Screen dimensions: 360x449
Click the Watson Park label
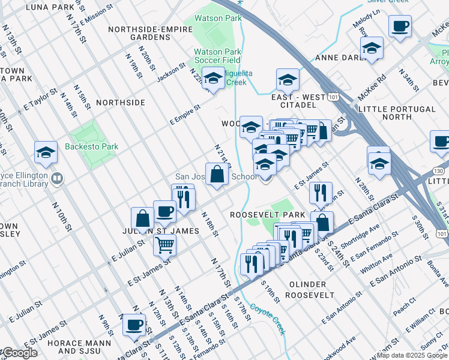tap(217, 18)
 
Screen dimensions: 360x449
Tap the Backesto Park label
tap(92, 146)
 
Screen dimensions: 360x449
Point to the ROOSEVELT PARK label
tap(260, 214)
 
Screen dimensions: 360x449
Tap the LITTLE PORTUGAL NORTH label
tap(396, 113)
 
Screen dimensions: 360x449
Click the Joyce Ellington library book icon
tap(57, 178)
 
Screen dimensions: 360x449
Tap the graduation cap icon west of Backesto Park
tap(46, 153)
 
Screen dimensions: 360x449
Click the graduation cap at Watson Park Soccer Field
tap(213, 78)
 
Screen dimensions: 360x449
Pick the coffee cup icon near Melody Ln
tap(400, 26)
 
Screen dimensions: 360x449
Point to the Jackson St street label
tap(171, 75)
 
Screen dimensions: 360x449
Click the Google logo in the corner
tap(19, 353)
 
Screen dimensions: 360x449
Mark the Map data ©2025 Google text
tap(412, 355)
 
